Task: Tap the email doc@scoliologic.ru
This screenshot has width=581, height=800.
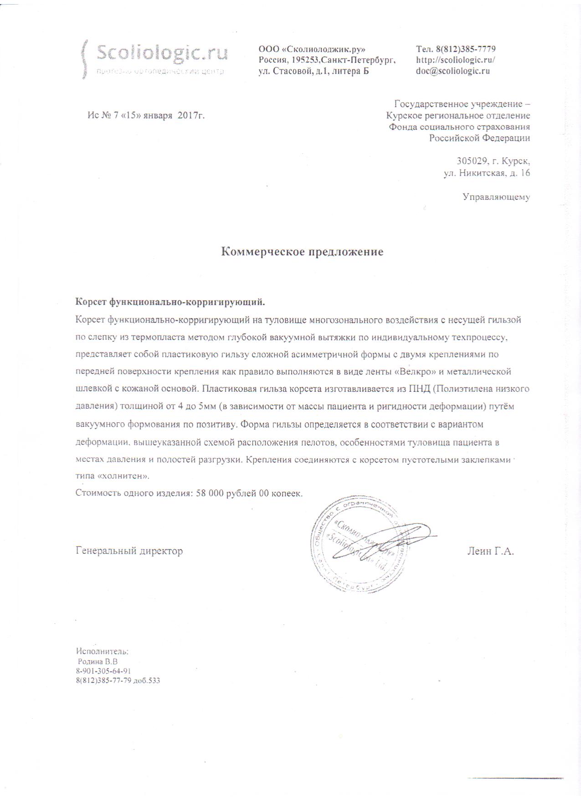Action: [453, 71]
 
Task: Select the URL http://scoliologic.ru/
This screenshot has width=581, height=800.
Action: [456, 60]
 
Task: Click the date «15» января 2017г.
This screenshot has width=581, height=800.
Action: [162, 116]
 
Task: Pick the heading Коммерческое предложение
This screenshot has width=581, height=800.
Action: [302, 252]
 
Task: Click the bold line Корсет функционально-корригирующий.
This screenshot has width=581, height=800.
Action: [170, 302]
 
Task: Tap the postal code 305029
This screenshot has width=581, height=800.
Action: [472, 161]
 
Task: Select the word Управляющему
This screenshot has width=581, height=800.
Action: [496, 197]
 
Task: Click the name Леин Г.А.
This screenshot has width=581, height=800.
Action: [490, 551]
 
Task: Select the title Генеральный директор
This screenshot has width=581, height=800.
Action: [129, 551]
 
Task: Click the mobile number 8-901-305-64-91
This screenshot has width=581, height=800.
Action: [104, 671]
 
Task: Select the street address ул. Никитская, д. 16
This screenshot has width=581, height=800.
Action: [487, 173]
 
